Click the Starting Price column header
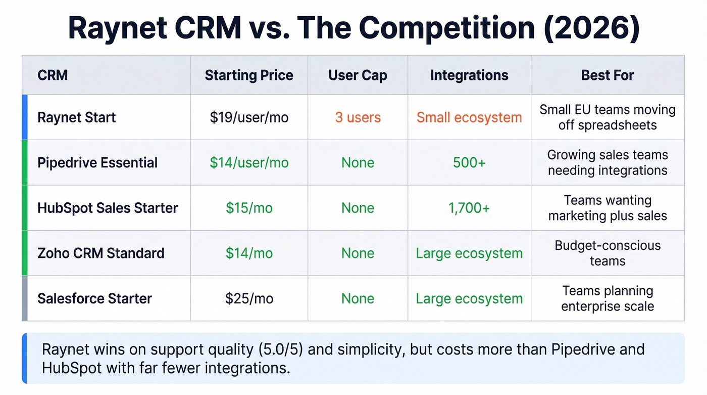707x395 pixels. tap(249, 75)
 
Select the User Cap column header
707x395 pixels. tap(358, 75)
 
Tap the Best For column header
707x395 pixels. tap(608, 75)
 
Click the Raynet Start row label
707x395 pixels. tap(77, 117)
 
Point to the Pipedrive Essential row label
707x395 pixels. tap(97, 162)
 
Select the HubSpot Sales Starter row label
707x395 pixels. tap(108, 208)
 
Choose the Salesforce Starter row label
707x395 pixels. tap(94, 298)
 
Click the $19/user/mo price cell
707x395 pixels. tap(249, 117)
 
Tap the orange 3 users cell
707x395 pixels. tap(358, 117)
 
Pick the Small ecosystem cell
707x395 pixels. tap(469, 117)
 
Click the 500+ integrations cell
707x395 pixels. tap(469, 162)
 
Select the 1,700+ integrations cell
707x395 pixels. tap(469, 208)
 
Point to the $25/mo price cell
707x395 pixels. tap(249, 298)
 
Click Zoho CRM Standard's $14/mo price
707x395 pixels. tap(249, 253)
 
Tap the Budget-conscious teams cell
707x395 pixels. tap(608, 253)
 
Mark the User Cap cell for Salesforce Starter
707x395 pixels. tap(358, 298)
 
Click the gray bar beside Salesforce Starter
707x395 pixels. tap(24, 298)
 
